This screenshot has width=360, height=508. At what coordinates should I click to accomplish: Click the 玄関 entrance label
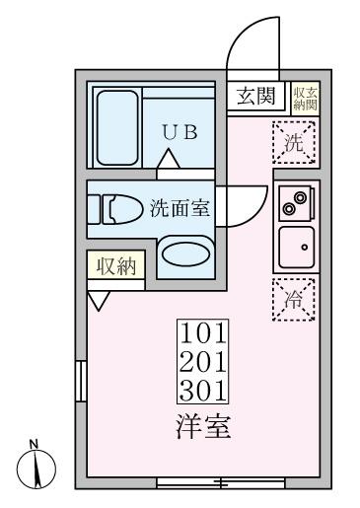[x=259, y=96]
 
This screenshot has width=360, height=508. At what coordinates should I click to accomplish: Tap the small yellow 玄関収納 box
[x=301, y=96]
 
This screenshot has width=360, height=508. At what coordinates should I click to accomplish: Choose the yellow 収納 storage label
[x=116, y=265]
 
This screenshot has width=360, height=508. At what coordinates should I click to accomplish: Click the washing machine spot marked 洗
[x=294, y=142]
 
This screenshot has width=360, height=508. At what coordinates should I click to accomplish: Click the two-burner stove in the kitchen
[x=293, y=201]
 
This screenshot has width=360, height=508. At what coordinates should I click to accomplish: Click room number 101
[x=203, y=330]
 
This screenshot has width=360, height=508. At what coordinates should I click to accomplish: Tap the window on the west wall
[x=80, y=381]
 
